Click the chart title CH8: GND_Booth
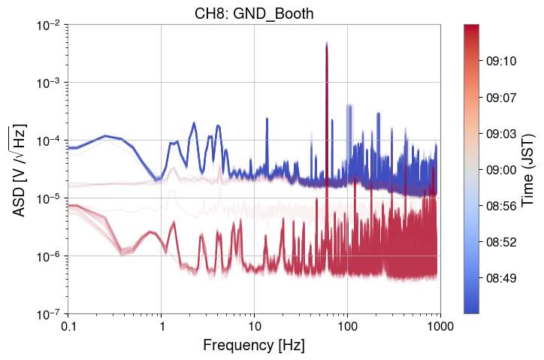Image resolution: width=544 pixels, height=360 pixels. click(x=254, y=11)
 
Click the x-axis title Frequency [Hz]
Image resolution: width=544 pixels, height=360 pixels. click(x=254, y=346)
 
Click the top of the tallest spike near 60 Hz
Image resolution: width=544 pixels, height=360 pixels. click(x=327, y=44)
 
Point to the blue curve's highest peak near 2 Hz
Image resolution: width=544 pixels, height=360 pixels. click(x=193, y=123)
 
